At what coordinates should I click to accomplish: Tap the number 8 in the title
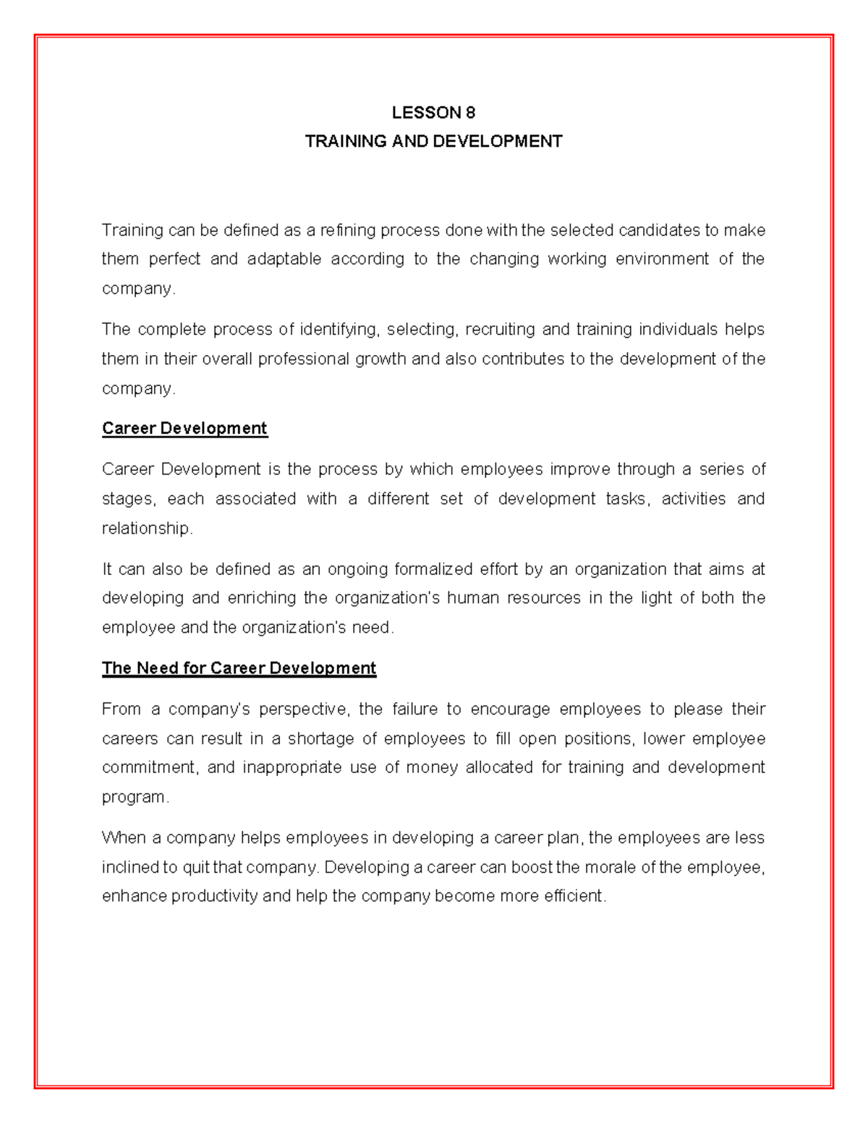[x=471, y=113]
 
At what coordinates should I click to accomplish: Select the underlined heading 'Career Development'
[x=184, y=429]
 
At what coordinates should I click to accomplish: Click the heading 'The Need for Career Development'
[x=239, y=668]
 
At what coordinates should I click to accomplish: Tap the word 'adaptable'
[x=284, y=260]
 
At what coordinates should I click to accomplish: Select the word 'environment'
[x=662, y=260]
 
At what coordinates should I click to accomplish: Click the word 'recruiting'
[x=498, y=330]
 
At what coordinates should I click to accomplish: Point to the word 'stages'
[x=127, y=500]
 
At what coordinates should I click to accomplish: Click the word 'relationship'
[x=146, y=529]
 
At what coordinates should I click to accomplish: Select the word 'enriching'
[x=262, y=599]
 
